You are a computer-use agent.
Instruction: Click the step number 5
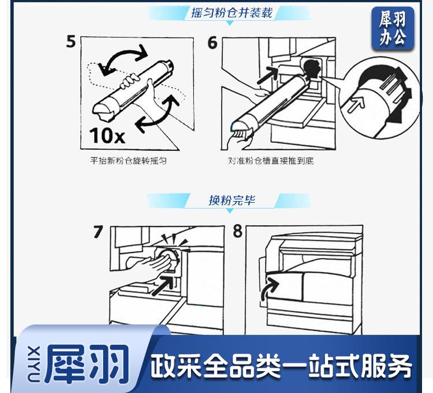pyautogui.click(x=71, y=42)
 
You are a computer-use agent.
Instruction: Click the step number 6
pyautogui.click(x=212, y=43)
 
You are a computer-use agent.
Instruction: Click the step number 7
pyautogui.click(x=98, y=232)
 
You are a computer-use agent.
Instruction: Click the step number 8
pyautogui.click(x=237, y=231)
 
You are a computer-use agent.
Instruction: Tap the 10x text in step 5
pyautogui.click(x=107, y=135)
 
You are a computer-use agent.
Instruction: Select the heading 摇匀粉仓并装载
pyautogui.click(x=232, y=13)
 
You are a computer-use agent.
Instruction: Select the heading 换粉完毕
pyautogui.click(x=232, y=200)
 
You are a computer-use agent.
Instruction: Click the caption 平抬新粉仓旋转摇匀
pyautogui.click(x=128, y=161)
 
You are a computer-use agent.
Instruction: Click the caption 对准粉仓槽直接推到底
pyautogui.click(x=271, y=161)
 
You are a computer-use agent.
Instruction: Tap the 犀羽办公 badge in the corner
pyautogui.click(x=393, y=28)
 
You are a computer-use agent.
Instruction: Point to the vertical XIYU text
pyautogui.click(x=35, y=364)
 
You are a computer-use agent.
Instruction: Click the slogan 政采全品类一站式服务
pyautogui.click(x=281, y=366)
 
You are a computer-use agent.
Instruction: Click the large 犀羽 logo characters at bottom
pyautogui.click(x=87, y=364)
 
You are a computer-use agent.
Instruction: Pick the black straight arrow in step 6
pyautogui.click(x=267, y=75)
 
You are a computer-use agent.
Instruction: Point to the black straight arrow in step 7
pyautogui.click(x=163, y=285)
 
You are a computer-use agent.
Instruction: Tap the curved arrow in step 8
pyautogui.click(x=267, y=288)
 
